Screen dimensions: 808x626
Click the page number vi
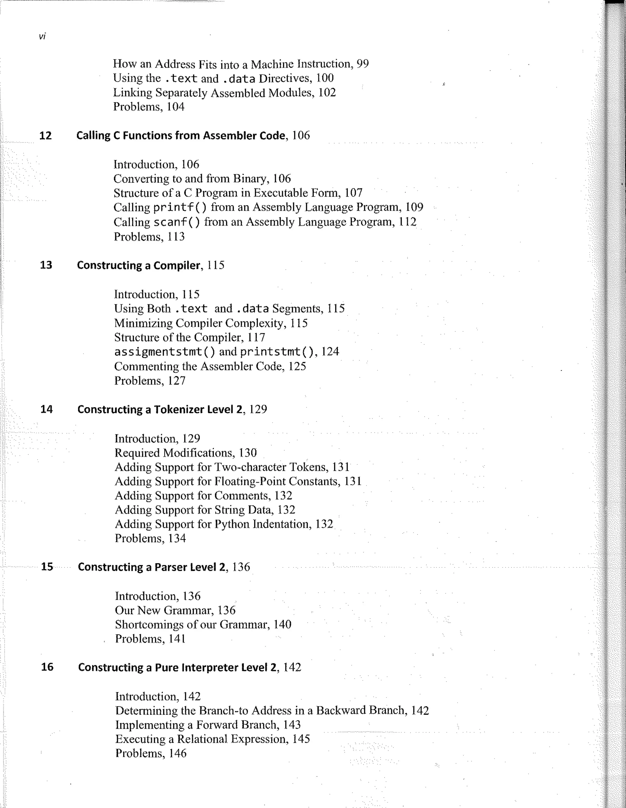(42, 36)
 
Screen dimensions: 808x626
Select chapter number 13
(46, 265)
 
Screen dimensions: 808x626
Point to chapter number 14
(46, 409)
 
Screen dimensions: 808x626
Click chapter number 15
(47, 567)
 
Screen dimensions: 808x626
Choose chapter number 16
(47, 667)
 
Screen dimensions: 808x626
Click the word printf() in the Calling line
(180, 208)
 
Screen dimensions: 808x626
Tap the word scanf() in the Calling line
(177, 222)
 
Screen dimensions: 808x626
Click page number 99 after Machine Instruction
(363, 64)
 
